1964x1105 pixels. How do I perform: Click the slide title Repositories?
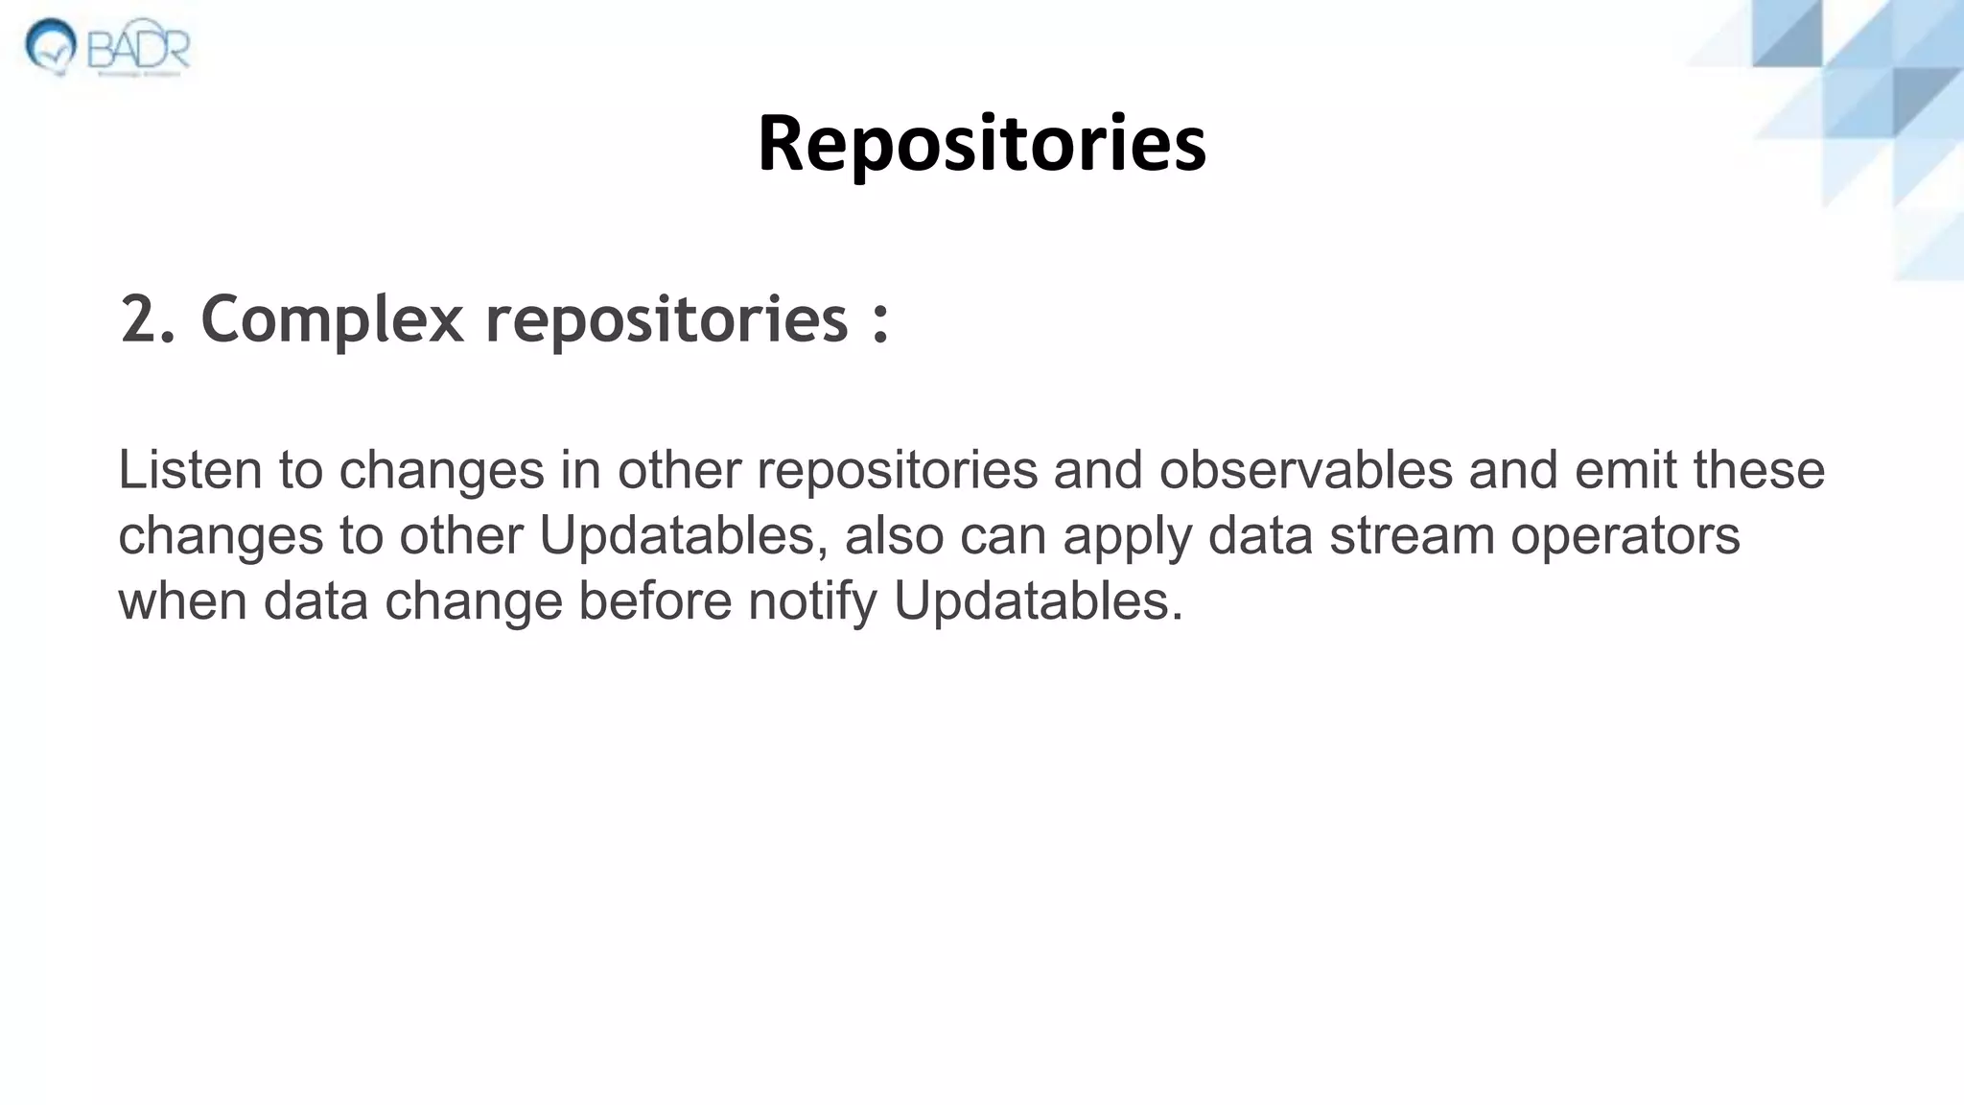(981, 144)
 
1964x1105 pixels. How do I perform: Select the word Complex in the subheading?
(332, 320)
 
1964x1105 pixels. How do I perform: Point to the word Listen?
(190, 470)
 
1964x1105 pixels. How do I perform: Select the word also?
(894, 535)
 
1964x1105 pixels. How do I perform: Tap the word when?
(182, 601)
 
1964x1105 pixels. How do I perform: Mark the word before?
(655, 601)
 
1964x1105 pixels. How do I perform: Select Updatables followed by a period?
(1038, 601)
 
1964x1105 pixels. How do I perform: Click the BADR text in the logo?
(139, 46)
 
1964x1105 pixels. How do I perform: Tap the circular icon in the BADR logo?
(51, 45)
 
